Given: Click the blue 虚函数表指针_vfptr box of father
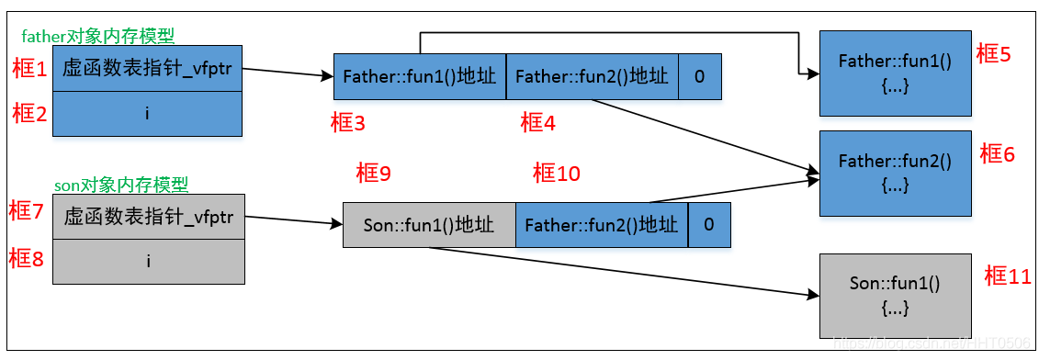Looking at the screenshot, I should point(147,69).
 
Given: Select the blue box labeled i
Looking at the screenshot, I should point(147,114).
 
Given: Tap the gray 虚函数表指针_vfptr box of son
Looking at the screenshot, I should point(148,218).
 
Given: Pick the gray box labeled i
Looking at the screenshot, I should point(148,262).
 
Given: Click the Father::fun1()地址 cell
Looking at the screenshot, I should point(420,76).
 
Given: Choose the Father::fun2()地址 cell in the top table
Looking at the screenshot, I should point(592,76).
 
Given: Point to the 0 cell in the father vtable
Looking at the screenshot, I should point(699,76).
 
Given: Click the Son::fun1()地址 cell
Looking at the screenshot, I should point(429,225).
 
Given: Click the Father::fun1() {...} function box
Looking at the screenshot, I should point(894,73).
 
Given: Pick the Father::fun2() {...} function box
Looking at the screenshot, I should point(894,173).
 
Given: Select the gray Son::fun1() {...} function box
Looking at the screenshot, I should point(894,296).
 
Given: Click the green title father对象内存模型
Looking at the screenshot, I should point(97,36).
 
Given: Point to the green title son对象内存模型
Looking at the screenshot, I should point(121,185).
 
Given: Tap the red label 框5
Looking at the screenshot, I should point(993,54).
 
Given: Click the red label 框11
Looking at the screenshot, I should point(1007,276).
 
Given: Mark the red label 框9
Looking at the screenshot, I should point(373,172).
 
